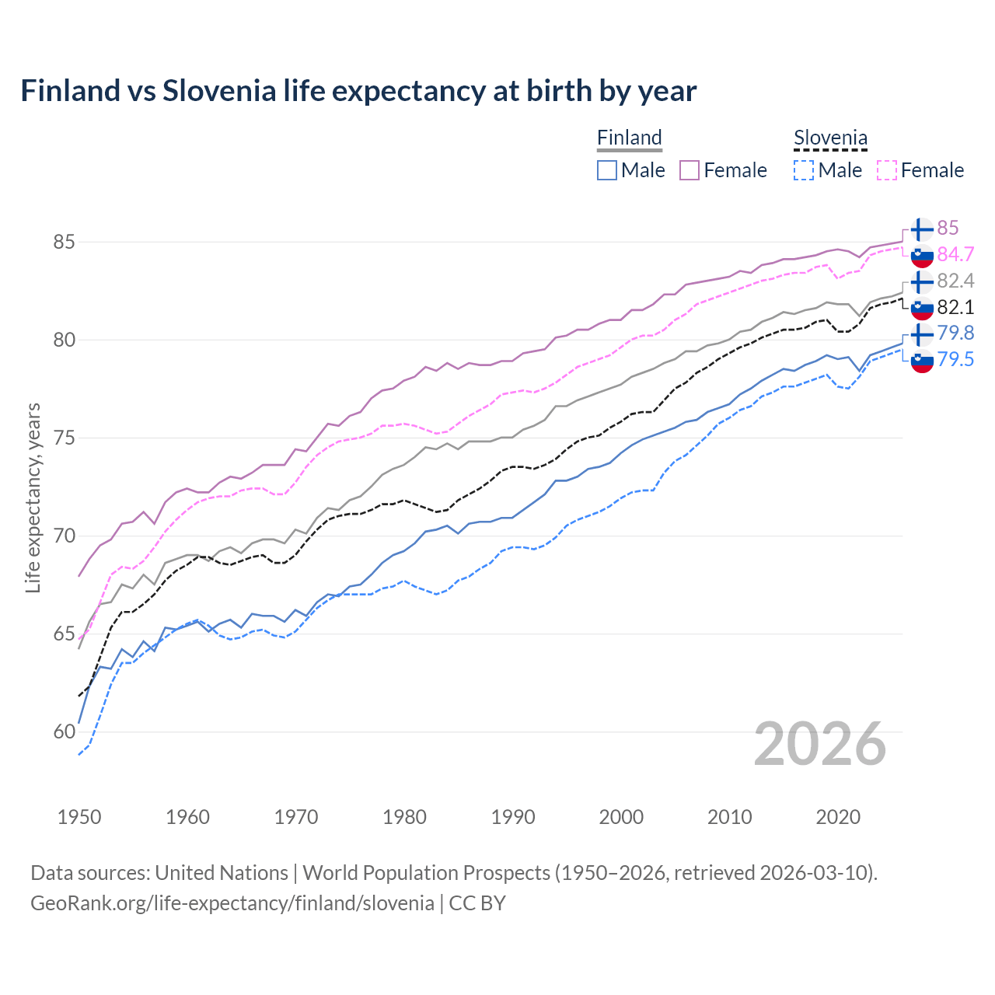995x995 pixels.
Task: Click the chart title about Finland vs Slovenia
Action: coord(358,91)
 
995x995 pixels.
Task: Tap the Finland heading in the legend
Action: coord(629,138)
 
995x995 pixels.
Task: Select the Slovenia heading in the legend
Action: coord(830,138)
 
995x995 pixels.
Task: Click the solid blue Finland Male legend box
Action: coord(607,170)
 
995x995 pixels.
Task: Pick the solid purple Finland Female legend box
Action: coord(690,170)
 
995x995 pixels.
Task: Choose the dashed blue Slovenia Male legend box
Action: coord(804,170)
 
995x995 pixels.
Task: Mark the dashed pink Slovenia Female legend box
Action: coord(886,170)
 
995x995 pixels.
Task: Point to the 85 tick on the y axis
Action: coord(64,242)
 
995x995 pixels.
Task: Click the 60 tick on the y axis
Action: coord(64,731)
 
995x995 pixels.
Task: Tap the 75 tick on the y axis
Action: coord(64,438)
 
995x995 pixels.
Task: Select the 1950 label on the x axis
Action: coord(79,817)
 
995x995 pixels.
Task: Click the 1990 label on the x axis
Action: coord(513,817)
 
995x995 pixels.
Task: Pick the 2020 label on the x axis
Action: coord(838,817)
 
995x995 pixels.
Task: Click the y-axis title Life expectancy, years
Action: coord(33,497)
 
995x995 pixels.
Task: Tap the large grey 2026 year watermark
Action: coord(820,744)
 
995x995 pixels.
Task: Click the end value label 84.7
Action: coord(955,254)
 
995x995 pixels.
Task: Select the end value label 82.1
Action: coord(955,307)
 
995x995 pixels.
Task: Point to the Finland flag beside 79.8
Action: coord(922,333)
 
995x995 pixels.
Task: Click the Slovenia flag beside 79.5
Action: coord(922,360)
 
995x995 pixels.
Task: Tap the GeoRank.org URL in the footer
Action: coord(232,903)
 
